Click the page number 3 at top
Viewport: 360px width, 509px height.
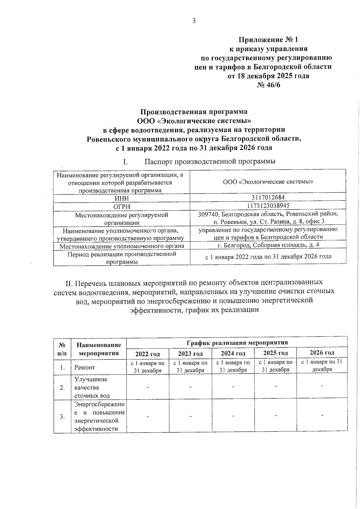(194, 21)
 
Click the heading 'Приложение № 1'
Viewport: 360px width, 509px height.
(268, 40)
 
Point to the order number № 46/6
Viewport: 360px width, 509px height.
(268, 85)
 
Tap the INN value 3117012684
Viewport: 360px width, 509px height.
(268, 197)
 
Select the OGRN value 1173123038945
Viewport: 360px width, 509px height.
(268, 205)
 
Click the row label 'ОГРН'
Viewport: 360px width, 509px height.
(121, 207)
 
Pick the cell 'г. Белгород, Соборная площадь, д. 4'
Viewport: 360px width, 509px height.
(268, 245)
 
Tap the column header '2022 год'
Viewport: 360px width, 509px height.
(148, 354)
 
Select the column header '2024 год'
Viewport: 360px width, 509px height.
(233, 353)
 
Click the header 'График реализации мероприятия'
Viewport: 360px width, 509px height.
(237, 343)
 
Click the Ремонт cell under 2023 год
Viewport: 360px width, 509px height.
(190, 367)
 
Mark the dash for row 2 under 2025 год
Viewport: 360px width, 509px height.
(275, 386)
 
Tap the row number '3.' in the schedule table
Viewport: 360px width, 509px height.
(62, 417)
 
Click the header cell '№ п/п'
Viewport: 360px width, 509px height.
(62, 349)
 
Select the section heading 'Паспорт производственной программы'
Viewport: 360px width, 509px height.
(210, 162)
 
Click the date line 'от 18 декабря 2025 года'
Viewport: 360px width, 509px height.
(268, 76)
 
